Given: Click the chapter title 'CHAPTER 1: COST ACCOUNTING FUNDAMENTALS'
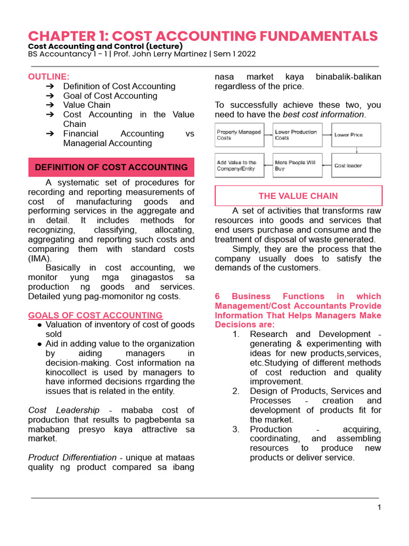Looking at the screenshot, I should tap(203, 36).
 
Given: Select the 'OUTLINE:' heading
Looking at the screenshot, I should tap(48, 76).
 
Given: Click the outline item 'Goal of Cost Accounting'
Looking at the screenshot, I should tap(110, 96).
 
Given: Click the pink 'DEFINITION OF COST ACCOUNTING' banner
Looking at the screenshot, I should tap(111, 167).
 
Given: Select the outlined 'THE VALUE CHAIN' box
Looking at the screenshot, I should tap(298, 196).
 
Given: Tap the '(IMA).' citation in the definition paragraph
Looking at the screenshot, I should tap(40, 258).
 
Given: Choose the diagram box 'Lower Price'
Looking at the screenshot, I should tap(356, 135).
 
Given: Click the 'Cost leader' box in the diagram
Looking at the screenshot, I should tap(356, 166).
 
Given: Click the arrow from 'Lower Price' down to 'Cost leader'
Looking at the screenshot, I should tap(356, 150).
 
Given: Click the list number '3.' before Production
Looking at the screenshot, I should tap(236, 429).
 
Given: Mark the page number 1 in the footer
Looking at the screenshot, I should tap(379, 507).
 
